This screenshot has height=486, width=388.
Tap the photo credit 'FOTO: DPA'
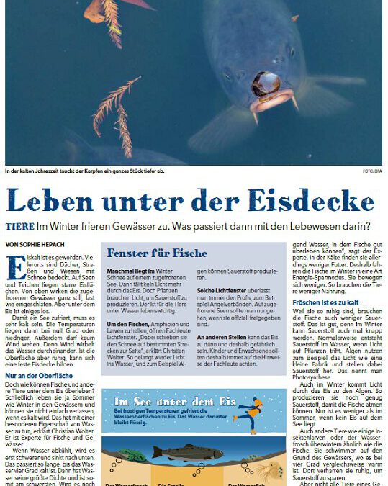(x=371, y=171)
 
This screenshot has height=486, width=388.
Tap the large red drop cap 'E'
(x=12, y=268)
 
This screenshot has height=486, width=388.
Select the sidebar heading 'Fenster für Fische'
(x=157, y=253)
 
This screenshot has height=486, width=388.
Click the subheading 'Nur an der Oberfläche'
(x=37, y=376)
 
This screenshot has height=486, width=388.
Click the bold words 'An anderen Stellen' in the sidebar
(x=220, y=336)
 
